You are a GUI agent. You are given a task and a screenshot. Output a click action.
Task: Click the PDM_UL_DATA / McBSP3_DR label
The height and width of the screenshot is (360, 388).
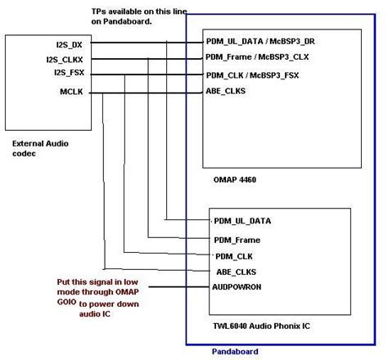(260, 43)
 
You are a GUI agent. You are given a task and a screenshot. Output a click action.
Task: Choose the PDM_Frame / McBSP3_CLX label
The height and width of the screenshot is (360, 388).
(261, 58)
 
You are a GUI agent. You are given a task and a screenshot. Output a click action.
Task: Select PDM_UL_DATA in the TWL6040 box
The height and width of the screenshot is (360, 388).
(242, 221)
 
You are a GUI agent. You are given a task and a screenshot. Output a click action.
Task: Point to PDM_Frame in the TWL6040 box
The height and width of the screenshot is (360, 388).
(237, 240)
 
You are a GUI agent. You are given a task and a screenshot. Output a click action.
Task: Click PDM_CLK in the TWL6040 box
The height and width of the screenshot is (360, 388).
(234, 256)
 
